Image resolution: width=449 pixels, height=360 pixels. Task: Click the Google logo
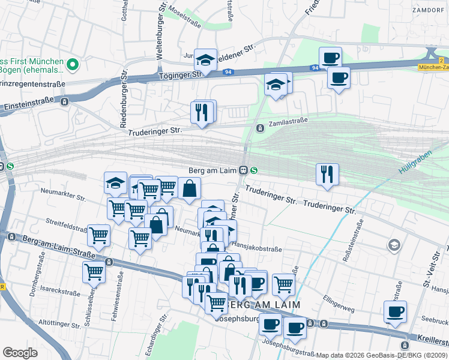pos(20,353)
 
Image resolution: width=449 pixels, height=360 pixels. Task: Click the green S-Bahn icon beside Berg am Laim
pos(255,170)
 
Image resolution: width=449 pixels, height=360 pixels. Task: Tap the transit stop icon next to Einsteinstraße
pos(64,101)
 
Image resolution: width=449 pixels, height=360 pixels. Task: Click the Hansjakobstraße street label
pos(256,247)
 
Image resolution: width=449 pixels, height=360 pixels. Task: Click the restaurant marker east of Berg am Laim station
pos(327,175)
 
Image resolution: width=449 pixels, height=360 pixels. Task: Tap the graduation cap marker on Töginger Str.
pos(205,60)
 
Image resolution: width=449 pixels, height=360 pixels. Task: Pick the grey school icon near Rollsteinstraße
pos(394,244)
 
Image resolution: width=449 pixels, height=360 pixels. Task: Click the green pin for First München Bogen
pos(72,64)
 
